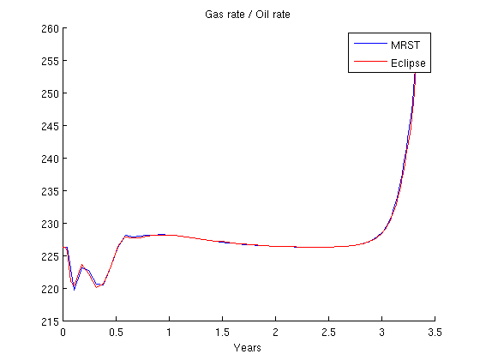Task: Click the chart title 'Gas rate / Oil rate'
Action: point(248,15)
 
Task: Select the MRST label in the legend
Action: point(405,45)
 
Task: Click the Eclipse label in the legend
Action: point(408,63)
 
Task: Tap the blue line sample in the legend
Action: point(370,44)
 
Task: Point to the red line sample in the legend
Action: point(370,61)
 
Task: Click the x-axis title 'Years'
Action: point(248,347)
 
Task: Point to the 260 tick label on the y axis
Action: point(50,28)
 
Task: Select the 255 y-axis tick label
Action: point(50,61)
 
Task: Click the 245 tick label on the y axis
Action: point(50,126)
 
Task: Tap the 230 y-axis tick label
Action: point(50,224)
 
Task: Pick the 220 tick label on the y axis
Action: point(50,289)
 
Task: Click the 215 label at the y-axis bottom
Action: point(50,321)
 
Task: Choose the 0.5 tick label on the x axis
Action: point(116,333)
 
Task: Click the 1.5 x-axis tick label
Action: point(222,333)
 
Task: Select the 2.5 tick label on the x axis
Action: point(328,333)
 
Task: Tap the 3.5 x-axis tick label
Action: point(435,333)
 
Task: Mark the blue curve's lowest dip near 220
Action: point(74,290)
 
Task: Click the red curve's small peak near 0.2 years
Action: point(81,265)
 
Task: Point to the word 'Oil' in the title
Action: point(262,15)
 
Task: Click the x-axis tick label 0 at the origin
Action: point(63,333)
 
